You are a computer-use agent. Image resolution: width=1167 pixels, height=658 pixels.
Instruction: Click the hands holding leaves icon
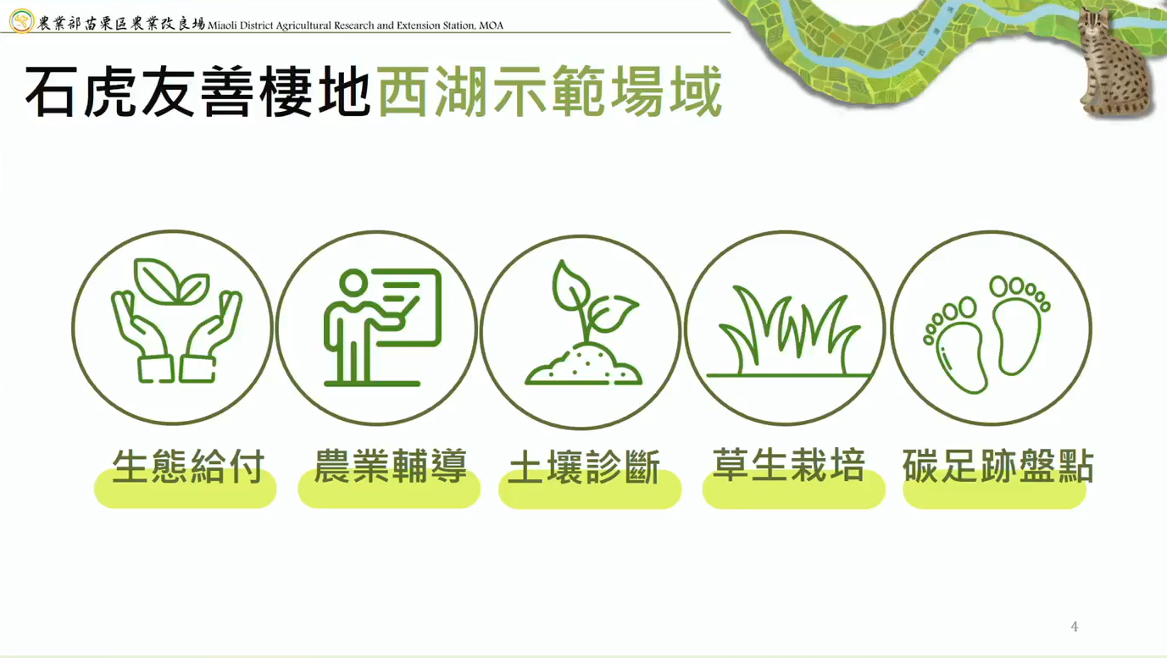pyautogui.click(x=176, y=321)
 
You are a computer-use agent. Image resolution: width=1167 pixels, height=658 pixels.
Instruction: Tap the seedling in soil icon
pyautogui.click(x=583, y=323)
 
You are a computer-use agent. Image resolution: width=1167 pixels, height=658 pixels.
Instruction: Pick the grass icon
pyautogui.click(x=788, y=331)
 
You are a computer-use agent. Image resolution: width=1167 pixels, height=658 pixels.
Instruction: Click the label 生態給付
pyautogui.click(x=188, y=466)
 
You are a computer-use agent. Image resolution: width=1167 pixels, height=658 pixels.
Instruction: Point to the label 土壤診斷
pyautogui.click(x=584, y=467)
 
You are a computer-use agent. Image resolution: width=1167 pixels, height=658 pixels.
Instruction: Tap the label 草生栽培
pyautogui.click(x=789, y=464)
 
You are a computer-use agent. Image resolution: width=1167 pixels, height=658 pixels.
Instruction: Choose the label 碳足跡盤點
pyautogui.click(x=998, y=466)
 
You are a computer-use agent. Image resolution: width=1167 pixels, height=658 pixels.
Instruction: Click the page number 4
pyautogui.click(x=1075, y=627)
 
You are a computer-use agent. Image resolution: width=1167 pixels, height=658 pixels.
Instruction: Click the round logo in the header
pyautogui.click(x=21, y=21)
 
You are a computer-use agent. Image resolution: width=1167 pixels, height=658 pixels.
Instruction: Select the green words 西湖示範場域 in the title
pyautogui.click(x=550, y=91)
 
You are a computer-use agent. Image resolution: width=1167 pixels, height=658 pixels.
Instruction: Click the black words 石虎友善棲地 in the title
pyautogui.click(x=198, y=91)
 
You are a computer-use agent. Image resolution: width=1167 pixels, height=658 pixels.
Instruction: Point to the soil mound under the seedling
pyautogui.click(x=583, y=367)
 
